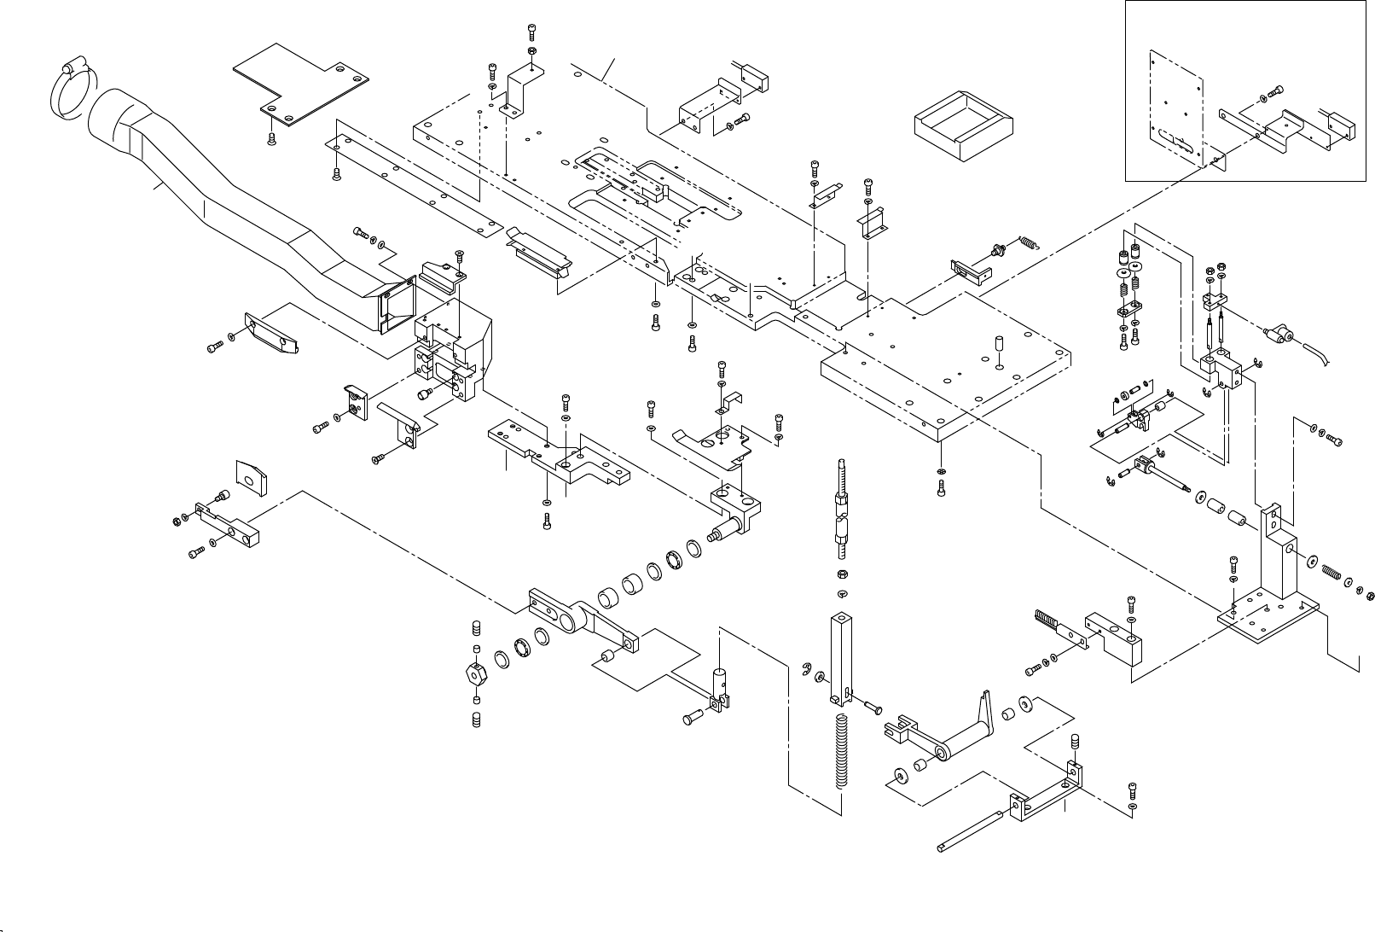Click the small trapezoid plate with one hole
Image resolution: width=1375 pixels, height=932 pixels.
pos(251,478)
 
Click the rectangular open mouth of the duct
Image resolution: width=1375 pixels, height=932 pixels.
pos(395,306)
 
